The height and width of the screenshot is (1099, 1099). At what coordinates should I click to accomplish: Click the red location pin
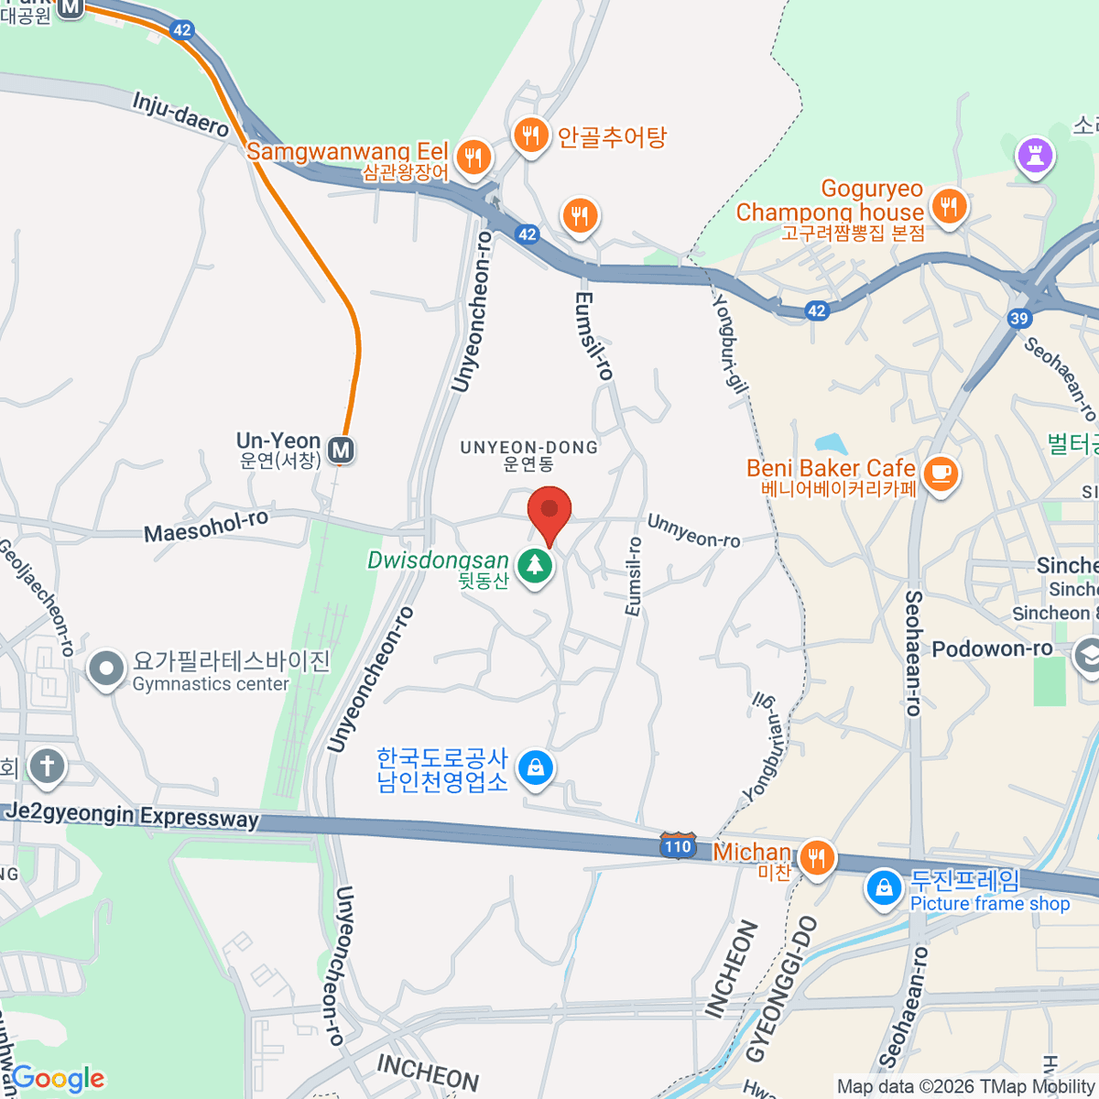pos(549,510)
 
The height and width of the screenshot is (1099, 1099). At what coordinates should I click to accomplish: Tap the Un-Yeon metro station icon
pos(342,450)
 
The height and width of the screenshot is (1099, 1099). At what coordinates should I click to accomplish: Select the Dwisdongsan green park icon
pos(535,565)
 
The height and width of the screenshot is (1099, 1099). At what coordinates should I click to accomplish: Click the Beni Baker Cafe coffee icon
pos(940,473)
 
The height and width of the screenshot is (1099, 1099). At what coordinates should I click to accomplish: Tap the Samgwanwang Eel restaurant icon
pos(473,158)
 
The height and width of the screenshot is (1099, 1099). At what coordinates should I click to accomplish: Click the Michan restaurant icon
pos(815,858)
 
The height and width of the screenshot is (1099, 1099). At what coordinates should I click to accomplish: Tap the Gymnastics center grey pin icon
pos(106,669)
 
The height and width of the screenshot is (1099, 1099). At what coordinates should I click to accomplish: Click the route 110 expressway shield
pos(678,845)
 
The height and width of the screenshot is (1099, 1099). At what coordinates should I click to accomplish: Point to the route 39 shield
pos(1019,318)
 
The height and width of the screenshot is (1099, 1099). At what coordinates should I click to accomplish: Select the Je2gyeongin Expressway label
pos(133,815)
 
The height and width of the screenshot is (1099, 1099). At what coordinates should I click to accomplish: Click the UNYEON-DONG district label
pos(528,447)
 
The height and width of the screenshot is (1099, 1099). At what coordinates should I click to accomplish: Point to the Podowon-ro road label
pos(992,648)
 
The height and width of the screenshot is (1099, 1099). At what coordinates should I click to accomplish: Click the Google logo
pos(59,1079)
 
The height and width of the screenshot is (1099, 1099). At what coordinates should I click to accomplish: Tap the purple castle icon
pos(1035,155)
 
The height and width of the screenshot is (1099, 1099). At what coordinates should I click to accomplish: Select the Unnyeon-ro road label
pos(693,531)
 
